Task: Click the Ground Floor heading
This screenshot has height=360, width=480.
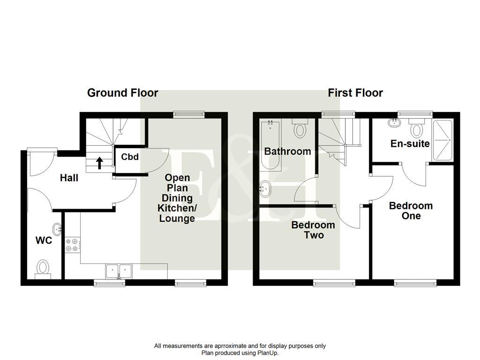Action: point(122,93)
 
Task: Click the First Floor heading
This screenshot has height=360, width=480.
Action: point(355,93)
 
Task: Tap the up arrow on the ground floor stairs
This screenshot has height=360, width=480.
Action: point(99,163)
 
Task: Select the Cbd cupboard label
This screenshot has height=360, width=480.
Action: point(130,157)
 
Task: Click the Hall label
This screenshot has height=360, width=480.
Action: point(68,178)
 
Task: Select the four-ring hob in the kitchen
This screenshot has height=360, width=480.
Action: point(72,244)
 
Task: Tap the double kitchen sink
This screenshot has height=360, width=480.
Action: point(119,271)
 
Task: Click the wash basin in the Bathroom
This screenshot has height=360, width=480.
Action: point(265,189)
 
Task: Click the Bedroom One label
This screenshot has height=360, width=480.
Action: point(411,210)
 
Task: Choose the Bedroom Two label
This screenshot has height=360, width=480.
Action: point(313,230)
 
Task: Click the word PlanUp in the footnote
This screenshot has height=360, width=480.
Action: point(267,353)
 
